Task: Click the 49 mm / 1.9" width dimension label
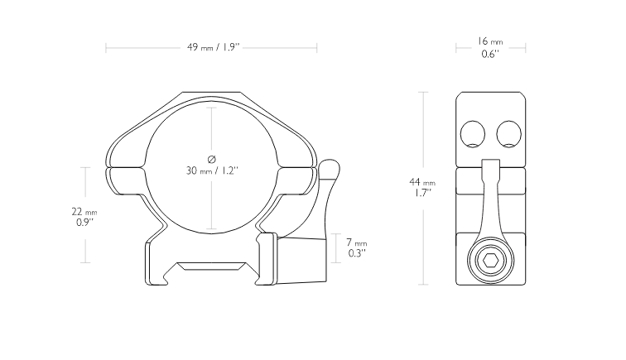(213, 47)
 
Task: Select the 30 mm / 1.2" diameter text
(212, 170)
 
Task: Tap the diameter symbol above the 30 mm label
(212, 159)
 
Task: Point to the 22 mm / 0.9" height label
(84, 217)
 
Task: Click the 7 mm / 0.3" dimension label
(357, 247)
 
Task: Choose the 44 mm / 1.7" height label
(422, 187)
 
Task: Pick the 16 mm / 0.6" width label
(490, 47)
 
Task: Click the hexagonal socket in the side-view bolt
(490, 261)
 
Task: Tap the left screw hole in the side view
(473, 134)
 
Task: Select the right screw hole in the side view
(508, 134)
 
